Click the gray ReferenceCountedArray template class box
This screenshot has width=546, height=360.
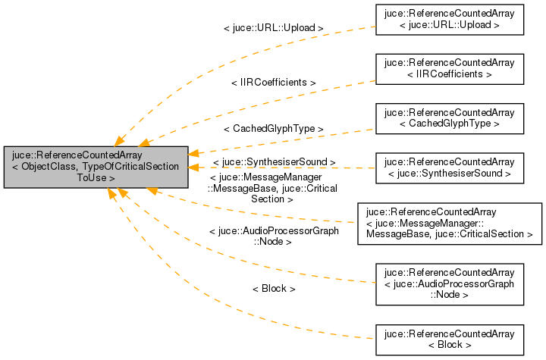pyautogui.click(x=96, y=167)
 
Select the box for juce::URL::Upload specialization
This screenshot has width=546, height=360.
pyautogui.click(x=450, y=19)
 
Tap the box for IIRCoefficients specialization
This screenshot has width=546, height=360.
pyautogui.click(x=450, y=68)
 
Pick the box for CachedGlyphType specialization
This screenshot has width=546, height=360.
pyautogui.click(x=450, y=117)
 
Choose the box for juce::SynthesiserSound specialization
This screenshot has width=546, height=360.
pyautogui.click(x=450, y=167)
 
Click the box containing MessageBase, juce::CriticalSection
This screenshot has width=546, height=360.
pyautogui.click(x=450, y=223)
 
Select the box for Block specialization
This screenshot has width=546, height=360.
pyautogui.click(x=450, y=339)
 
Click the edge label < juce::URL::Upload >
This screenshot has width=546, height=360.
pyautogui.click(x=273, y=28)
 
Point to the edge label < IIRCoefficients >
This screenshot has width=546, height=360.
pyautogui.click(x=273, y=81)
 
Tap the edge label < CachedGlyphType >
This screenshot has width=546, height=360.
pyautogui.click(x=273, y=129)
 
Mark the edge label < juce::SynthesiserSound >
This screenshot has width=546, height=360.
pyautogui.click(x=274, y=161)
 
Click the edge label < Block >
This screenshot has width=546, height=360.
pyautogui.click(x=273, y=289)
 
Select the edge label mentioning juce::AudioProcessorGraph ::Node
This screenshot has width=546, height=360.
pyautogui.click(x=273, y=236)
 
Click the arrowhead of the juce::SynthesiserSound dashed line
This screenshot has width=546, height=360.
pyautogui.click(x=194, y=167)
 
